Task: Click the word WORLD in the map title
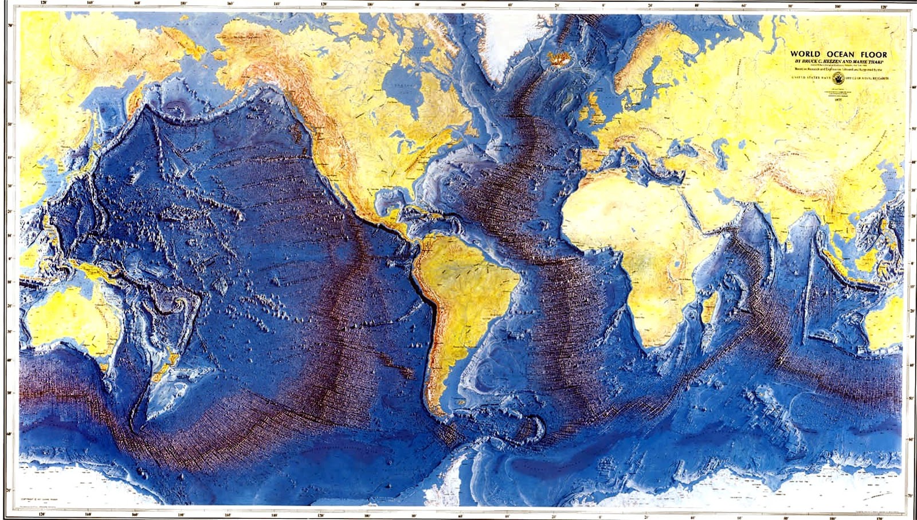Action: (x=805, y=54)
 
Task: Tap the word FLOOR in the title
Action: (x=873, y=54)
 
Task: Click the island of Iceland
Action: (x=557, y=58)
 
